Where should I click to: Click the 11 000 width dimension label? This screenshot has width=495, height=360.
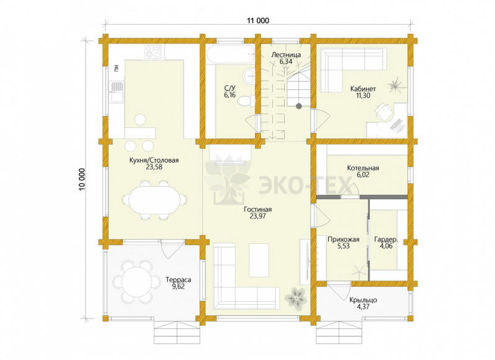(x=258, y=21)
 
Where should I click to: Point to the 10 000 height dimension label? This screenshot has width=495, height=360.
(x=82, y=179)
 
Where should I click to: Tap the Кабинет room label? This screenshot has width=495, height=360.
(x=363, y=89)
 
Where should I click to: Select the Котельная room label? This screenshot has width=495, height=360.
(x=363, y=168)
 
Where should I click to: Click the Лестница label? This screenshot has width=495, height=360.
(x=286, y=55)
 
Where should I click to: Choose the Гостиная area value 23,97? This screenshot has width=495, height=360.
(x=257, y=217)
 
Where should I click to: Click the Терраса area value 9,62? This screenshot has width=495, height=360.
(x=178, y=287)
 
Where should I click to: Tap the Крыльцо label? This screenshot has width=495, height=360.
(x=363, y=300)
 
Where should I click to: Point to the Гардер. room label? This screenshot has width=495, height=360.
(x=386, y=240)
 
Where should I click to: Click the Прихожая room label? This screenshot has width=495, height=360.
(x=344, y=240)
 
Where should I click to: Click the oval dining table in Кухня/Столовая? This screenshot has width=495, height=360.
(x=154, y=200)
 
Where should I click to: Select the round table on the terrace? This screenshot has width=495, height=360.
(x=136, y=281)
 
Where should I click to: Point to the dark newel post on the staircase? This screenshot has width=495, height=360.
(x=298, y=106)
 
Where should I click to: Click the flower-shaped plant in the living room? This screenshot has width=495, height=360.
(x=296, y=297)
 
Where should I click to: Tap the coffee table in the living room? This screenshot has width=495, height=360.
(x=259, y=260)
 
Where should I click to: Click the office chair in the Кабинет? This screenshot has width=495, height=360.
(x=383, y=112)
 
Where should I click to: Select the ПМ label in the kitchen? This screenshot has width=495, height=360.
(x=117, y=67)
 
